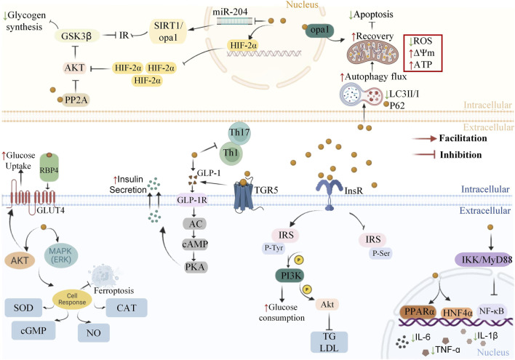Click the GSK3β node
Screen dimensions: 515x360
pos(76,36)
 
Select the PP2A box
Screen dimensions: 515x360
pos(76,100)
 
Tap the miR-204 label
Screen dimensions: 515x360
pos(230,12)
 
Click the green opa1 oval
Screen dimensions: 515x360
pos(320,31)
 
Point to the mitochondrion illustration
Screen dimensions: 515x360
pos(372,52)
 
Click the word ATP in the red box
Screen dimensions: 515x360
pos(423,65)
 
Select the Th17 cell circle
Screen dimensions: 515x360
pos(239,133)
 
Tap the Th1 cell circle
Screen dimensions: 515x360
pos(231,153)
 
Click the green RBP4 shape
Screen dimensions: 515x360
pos(49,167)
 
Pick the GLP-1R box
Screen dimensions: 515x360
pos(192,200)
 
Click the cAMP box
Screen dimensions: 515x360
pos(195,244)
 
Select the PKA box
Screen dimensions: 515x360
pos(195,267)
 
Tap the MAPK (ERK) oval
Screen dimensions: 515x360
pos(61,255)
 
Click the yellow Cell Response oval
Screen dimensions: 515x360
pos(72,299)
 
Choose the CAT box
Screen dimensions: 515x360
pos(127,308)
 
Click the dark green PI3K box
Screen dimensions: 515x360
pos(290,275)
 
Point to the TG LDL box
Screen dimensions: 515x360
pos(329,342)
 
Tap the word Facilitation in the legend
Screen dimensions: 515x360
pos(463,138)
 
